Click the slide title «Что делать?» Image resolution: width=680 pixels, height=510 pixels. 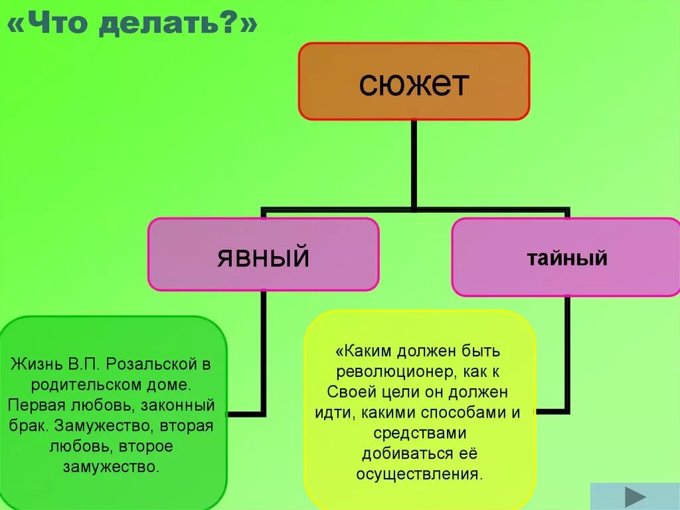coord(132,25)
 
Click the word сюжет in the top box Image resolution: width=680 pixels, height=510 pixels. coord(414,84)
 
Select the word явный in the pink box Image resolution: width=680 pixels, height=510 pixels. coord(263,256)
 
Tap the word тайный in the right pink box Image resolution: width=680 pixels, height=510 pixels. coord(567,257)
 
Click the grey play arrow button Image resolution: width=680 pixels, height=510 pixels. coord(636,497)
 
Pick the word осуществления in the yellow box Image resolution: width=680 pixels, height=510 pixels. coord(418,475)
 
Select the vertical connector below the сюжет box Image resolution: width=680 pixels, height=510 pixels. coord(414,164)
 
